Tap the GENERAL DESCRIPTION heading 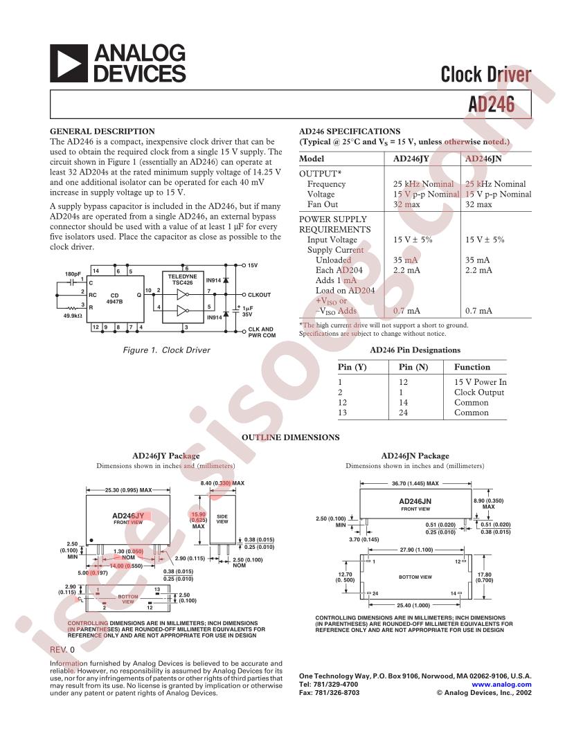102,131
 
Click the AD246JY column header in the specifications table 411,158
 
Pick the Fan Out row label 322,205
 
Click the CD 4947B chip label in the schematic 116,298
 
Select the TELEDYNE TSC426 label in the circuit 183,280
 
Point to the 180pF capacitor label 73,274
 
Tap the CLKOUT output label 259,295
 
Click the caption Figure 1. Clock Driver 166,350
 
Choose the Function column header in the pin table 472,367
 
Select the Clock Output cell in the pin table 478,392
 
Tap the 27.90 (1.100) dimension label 416,550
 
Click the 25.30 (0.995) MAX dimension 128,490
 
